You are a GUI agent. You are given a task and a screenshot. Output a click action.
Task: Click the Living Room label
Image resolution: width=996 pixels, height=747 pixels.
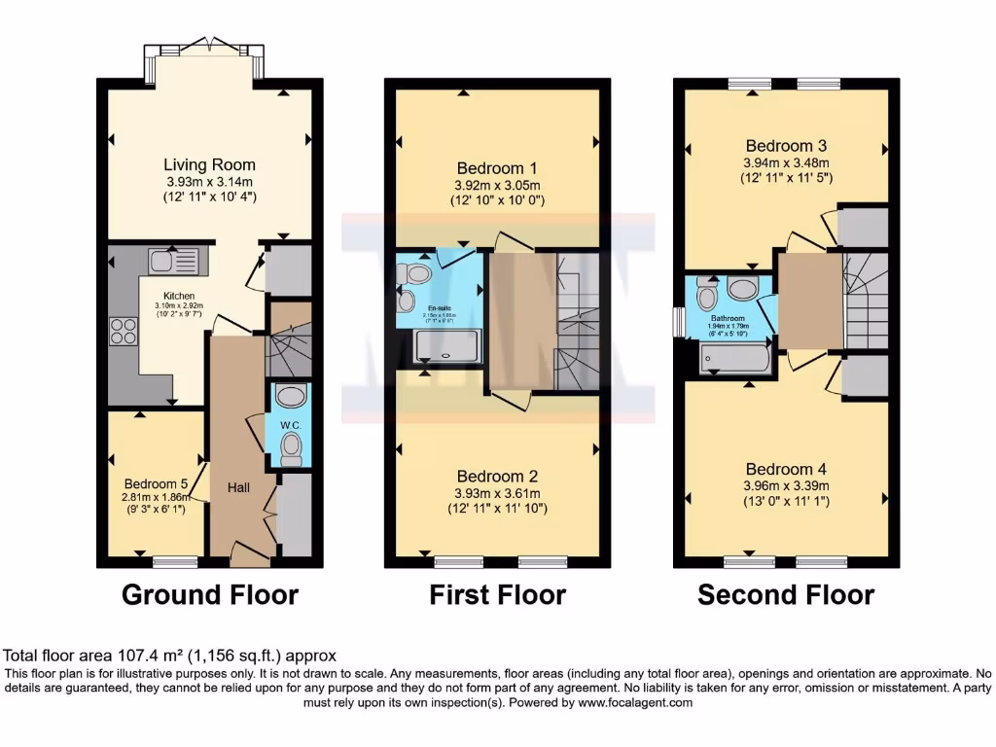pyautogui.click(x=209, y=164)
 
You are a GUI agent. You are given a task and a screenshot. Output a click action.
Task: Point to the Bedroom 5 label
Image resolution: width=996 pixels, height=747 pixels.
pyautogui.click(x=156, y=483)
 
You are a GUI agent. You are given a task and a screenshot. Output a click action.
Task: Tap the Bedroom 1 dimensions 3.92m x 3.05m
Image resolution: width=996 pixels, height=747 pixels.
pyautogui.click(x=497, y=185)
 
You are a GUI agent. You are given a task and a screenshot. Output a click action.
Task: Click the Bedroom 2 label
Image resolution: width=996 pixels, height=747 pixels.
pyautogui.click(x=497, y=477)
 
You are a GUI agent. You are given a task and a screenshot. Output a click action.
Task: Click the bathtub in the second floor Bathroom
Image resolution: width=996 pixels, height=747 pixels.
pyautogui.click(x=736, y=361)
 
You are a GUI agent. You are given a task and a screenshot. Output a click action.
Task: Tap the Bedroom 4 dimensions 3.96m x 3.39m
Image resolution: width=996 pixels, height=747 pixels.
pyautogui.click(x=786, y=486)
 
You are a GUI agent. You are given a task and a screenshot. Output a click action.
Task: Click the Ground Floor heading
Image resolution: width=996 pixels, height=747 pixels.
pyautogui.click(x=209, y=594)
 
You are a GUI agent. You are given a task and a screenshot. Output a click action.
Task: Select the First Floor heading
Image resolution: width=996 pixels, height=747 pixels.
pyautogui.click(x=497, y=594)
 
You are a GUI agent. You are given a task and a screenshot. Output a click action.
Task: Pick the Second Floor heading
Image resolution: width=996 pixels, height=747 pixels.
pyautogui.click(x=786, y=594)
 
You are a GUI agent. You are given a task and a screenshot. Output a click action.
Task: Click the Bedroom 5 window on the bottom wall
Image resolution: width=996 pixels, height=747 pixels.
pyautogui.click(x=175, y=560)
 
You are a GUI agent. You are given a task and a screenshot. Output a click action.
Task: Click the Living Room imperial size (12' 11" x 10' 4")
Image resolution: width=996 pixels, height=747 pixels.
pyautogui.click(x=209, y=197)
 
